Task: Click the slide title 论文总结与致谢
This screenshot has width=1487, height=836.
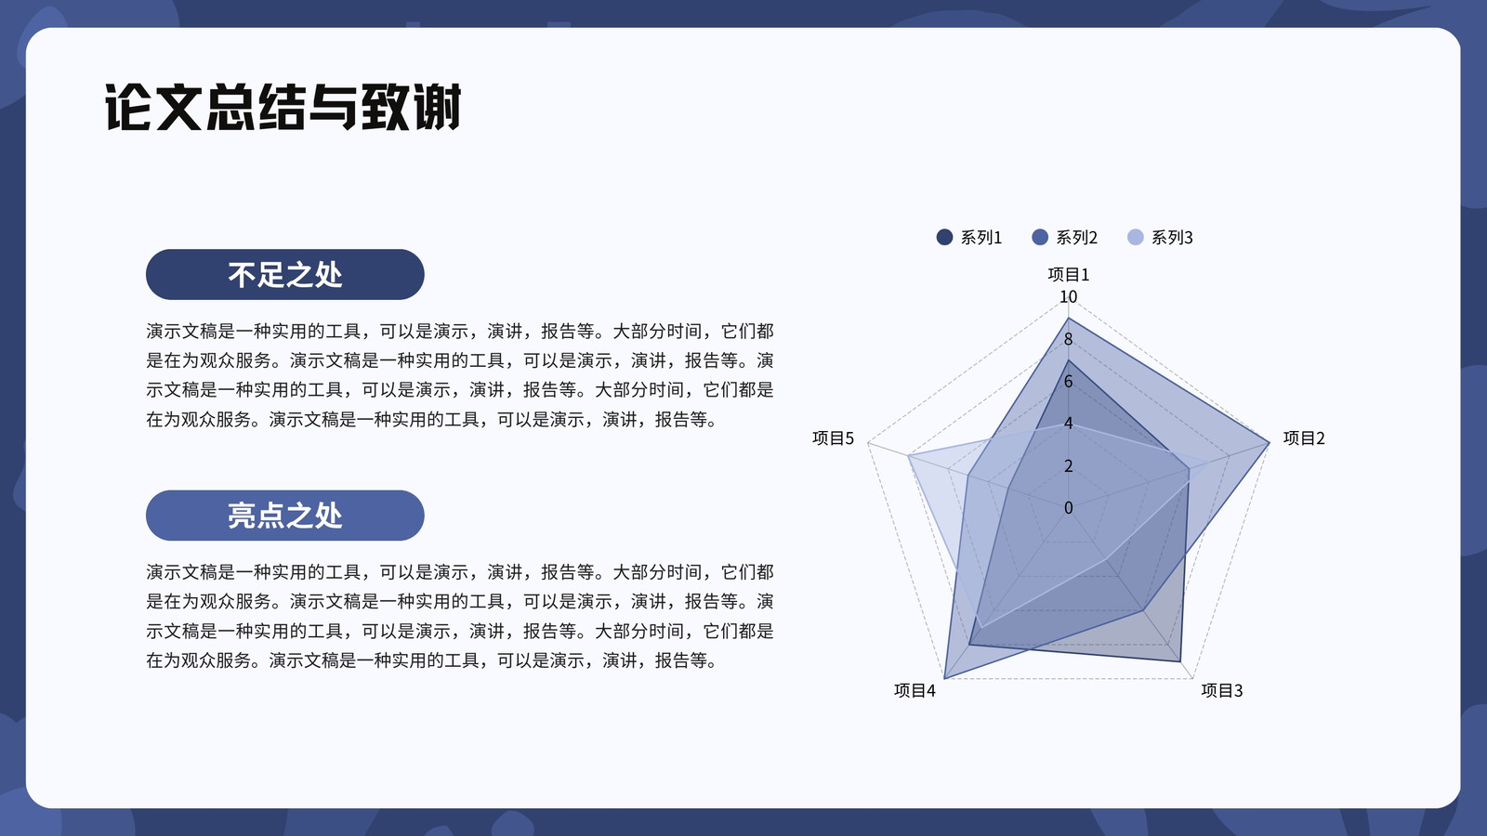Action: tap(283, 107)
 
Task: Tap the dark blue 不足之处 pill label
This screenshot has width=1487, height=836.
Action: tap(284, 274)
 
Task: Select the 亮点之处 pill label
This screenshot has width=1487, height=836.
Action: tap(284, 515)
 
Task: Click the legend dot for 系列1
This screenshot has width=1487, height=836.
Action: tap(944, 237)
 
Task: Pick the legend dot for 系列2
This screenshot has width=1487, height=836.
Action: tap(1040, 237)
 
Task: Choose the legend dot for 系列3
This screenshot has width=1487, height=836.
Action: tap(1135, 237)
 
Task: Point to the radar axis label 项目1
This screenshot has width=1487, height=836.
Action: tap(1068, 274)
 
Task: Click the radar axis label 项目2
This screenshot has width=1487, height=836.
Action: tap(1304, 438)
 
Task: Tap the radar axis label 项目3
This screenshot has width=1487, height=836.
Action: tap(1221, 691)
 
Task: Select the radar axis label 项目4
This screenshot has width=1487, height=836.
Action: tap(915, 691)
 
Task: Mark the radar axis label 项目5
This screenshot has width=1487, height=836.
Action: tap(833, 438)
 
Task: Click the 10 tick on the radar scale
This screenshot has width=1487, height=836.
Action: tap(1068, 296)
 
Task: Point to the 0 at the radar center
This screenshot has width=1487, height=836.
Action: tap(1068, 507)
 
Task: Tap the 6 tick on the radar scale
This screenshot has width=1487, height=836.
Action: tap(1068, 381)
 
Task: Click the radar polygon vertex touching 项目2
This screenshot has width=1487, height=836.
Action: tap(1269, 442)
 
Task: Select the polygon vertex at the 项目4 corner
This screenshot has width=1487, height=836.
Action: tap(944, 678)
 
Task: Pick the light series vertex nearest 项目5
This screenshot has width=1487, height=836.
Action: tap(908, 456)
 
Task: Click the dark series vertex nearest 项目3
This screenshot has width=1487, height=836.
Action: tap(1179, 661)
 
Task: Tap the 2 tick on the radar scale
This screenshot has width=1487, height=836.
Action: tap(1068, 465)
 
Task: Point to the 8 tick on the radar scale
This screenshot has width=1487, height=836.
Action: tap(1068, 339)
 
